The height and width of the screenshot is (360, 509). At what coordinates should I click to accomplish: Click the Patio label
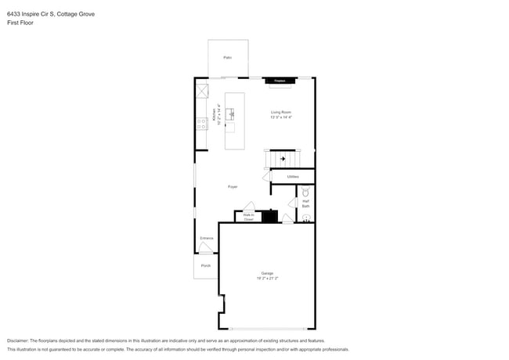click(x=228, y=57)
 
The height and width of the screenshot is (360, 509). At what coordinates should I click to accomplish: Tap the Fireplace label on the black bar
click(x=280, y=80)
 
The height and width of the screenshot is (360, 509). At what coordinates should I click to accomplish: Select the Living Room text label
click(x=281, y=112)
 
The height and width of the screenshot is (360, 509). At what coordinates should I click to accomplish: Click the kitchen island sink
click(x=230, y=113)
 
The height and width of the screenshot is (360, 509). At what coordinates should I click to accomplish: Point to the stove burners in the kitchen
click(x=201, y=123)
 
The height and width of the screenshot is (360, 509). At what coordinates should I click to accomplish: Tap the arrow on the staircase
click(x=282, y=160)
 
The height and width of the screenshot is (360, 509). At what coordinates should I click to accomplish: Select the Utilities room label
click(x=293, y=177)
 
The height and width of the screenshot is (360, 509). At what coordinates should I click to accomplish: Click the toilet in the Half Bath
click(x=306, y=192)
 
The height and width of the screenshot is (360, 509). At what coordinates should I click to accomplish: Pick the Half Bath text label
click(x=305, y=203)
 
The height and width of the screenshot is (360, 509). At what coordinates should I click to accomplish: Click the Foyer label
click(x=233, y=186)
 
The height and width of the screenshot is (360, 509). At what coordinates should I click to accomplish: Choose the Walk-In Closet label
click(x=248, y=218)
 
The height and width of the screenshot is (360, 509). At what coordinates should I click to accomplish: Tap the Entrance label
click(x=207, y=238)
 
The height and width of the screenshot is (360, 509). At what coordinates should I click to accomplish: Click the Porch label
click(x=206, y=265)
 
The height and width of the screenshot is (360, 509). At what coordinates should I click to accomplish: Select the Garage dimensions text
click(x=268, y=278)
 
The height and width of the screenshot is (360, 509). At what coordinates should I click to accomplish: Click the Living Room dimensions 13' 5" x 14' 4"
click(x=281, y=117)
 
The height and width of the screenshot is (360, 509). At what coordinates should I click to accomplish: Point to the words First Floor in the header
click(x=20, y=23)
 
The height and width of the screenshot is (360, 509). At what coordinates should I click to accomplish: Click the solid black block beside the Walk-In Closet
click(x=269, y=217)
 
